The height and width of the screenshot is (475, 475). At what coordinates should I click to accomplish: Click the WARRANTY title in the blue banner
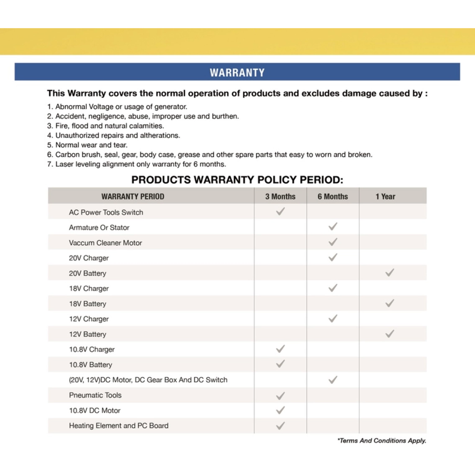pyautogui.click(x=237, y=72)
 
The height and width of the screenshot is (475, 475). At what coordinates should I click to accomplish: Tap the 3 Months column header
pyautogui.click(x=280, y=196)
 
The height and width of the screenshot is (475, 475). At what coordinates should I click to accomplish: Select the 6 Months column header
pyautogui.click(x=333, y=196)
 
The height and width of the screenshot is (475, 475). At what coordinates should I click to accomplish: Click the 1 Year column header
pyautogui.click(x=385, y=196)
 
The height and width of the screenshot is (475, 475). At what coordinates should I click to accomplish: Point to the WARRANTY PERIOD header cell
pyautogui.click(x=133, y=196)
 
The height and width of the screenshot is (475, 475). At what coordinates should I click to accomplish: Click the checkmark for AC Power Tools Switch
pyautogui.click(x=280, y=212)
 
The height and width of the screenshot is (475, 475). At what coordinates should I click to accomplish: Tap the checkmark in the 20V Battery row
pyautogui.click(x=390, y=273)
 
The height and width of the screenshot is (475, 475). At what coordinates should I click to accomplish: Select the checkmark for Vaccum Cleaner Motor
pyautogui.click(x=333, y=242)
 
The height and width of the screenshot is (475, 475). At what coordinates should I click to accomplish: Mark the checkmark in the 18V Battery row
pyautogui.click(x=390, y=303)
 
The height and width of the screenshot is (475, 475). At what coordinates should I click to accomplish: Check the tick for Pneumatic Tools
pyautogui.click(x=280, y=395)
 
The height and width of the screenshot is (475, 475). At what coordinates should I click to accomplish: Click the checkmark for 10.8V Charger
pyautogui.click(x=280, y=349)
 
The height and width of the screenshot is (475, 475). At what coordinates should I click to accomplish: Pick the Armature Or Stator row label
pyautogui.click(x=99, y=227)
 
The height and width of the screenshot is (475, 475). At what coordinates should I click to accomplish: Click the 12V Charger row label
pyautogui.click(x=89, y=319)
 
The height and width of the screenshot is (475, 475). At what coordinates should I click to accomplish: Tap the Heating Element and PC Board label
pyautogui.click(x=119, y=425)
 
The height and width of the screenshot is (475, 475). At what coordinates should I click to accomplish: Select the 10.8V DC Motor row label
pyautogui.click(x=95, y=410)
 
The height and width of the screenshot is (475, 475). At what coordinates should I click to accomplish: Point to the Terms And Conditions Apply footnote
pyautogui.click(x=382, y=441)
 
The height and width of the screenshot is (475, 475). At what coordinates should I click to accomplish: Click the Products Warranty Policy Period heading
pyautogui.click(x=237, y=180)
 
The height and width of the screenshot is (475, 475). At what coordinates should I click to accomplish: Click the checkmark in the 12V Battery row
pyautogui.click(x=390, y=334)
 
